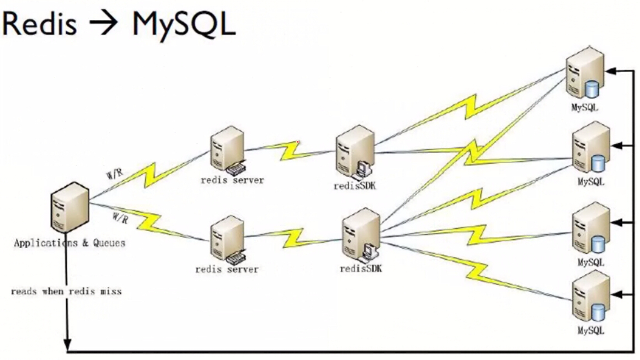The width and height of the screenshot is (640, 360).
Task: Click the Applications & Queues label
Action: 70,243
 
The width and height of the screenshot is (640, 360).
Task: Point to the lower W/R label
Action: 120,218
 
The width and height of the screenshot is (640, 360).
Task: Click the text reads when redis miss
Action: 66,291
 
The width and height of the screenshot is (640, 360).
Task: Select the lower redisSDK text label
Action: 361,268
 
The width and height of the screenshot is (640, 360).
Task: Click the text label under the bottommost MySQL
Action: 591,331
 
